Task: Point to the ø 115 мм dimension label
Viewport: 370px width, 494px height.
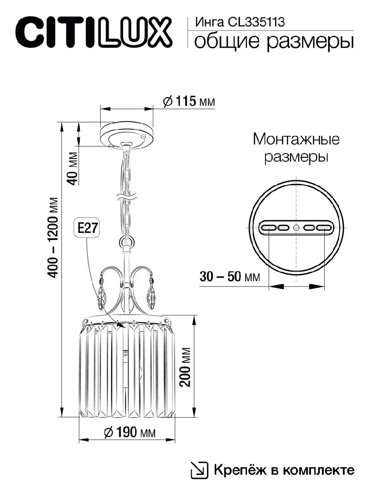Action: pyautogui.click(x=189, y=101)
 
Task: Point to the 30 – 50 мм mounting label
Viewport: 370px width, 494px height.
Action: pyautogui.click(x=229, y=276)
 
